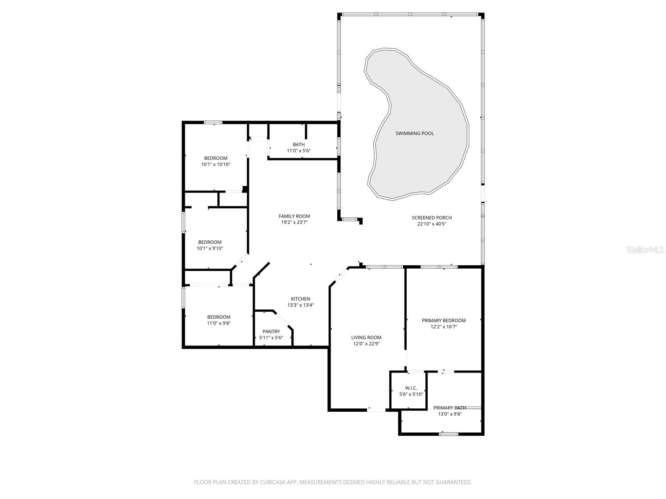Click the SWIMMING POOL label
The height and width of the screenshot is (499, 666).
(414, 133)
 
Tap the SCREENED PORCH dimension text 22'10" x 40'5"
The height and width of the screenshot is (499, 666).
(432, 224)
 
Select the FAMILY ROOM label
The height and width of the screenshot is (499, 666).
(294, 216)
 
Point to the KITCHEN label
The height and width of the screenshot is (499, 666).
(300, 299)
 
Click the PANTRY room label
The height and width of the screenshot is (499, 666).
(271, 331)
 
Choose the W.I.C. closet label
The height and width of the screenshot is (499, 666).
(411, 388)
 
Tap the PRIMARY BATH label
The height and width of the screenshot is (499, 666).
(450, 408)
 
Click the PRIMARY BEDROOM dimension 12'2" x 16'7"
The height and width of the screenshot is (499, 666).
(444, 327)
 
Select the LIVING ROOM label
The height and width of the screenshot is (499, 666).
(366, 338)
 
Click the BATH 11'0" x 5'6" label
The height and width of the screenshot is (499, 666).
(298, 148)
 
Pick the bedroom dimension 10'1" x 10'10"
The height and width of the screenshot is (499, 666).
(216, 165)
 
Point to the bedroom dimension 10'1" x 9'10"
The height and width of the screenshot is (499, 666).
(210, 249)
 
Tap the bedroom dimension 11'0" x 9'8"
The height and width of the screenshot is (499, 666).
(219, 323)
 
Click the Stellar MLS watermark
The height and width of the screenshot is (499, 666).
(645, 250)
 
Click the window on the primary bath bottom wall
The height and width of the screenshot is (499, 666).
(449, 434)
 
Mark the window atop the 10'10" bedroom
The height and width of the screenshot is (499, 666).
(213, 122)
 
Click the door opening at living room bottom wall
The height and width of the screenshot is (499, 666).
(376, 410)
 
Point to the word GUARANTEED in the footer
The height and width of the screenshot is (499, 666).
(454, 482)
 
